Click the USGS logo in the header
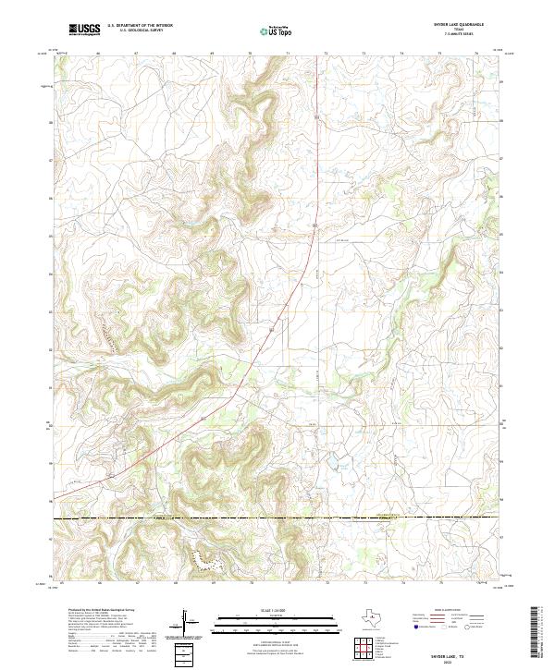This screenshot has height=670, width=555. coord(84,30)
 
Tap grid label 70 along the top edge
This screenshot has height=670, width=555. coord(250,55)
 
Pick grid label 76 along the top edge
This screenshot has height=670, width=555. coord(477,55)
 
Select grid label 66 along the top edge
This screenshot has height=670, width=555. coord(98,55)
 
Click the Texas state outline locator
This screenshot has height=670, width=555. coord(376,616)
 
